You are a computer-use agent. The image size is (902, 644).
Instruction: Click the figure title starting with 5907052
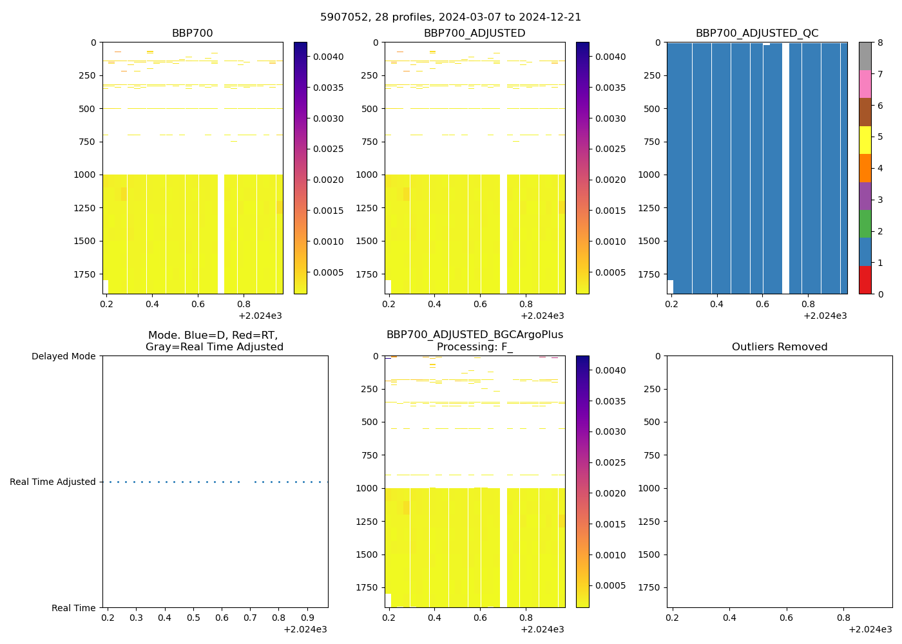tap(450, 17)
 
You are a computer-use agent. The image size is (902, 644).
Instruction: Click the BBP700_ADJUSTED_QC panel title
tap(756, 33)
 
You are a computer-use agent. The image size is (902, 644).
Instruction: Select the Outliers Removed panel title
tap(779, 347)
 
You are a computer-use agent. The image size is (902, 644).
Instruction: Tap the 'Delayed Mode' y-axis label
tap(63, 356)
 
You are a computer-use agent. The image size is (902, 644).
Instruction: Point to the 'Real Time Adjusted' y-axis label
tap(52, 482)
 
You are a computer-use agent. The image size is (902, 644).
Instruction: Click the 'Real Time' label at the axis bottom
tap(73, 608)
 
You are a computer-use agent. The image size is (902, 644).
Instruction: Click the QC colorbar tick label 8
tap(880, 43)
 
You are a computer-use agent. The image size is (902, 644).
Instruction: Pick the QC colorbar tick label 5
tap(880, 137)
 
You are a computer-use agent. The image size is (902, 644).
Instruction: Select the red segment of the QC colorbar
tap(865, 280)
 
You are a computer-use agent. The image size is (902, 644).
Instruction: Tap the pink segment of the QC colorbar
tap(865, 84)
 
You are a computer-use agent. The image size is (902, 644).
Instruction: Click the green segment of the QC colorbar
tap(865, 223)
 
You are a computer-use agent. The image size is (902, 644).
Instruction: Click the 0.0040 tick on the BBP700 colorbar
tap(329, 57)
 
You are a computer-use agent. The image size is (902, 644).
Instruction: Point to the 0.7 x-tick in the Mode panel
tap(250, 618)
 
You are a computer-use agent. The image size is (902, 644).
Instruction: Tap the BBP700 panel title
tap(192, 33)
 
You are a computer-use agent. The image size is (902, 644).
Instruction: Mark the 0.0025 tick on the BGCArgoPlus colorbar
tap(610, 462)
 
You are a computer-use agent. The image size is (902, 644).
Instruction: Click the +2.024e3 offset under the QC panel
tap(825, 316)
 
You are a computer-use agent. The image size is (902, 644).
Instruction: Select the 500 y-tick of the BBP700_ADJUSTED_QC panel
tap(651, 109)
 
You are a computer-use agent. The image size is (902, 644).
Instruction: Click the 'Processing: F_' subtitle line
tap(474, 347)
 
